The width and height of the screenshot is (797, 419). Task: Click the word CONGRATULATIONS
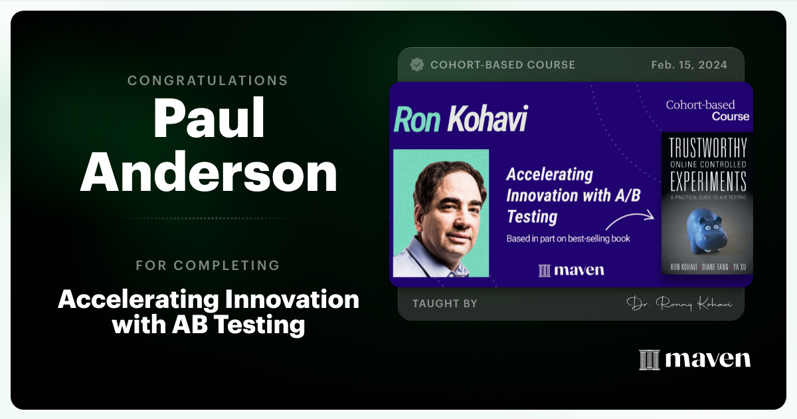pyautogui.click(x=208, y=80)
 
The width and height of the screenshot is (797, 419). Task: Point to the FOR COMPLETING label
pyautogui.click(x=208, y=265)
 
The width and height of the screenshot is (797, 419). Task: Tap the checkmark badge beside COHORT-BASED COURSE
pyautogui.click(x=417, y=65)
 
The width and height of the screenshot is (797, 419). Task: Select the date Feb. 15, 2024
pyautogui.click(x=689, y=65)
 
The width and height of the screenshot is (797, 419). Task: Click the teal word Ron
pyautogui.click(x=417, y=120)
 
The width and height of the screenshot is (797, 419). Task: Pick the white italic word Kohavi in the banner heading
pyautogui.click(x=487, y=120)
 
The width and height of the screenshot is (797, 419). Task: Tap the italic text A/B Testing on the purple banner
pyautogui.click(x=531, y=216)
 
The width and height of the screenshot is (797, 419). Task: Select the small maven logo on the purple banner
pyautogui.click(x=571, y=270)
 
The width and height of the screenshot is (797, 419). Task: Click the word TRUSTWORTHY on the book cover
pyautogui.click(x=707, y=148)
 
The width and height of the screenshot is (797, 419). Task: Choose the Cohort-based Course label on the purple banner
pyautogui.click(x=707, y=110)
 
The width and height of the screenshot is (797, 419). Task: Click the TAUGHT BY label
pyautogui.click(x=445, y=303)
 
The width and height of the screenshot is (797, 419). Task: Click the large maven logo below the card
pyautogui.click(x=695, y=359)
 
